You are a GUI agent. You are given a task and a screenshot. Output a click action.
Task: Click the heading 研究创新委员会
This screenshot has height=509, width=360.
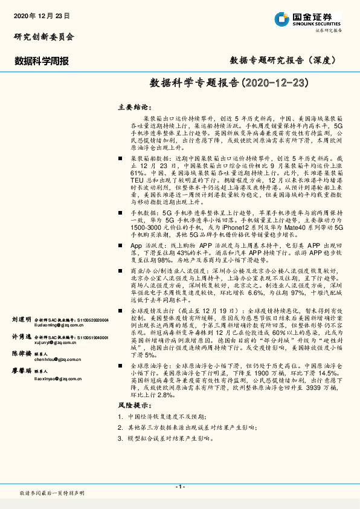[x=43, y=36]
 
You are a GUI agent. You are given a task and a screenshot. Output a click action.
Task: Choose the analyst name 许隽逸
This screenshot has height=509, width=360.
[x=21, y=336]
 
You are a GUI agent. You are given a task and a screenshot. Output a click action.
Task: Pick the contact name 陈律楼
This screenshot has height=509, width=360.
[x=21, y=353]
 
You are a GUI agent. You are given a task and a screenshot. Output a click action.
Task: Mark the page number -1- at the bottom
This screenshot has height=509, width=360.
[x=179, y=486]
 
